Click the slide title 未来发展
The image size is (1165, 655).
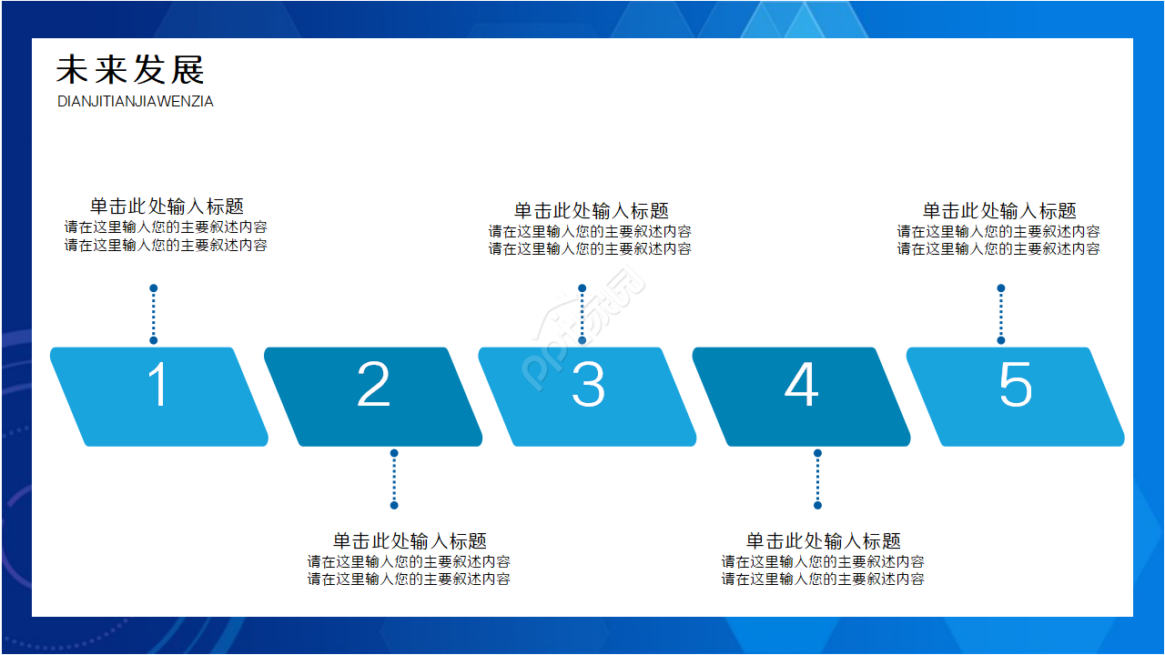pos(131,70)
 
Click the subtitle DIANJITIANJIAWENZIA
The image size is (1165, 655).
pos(136,102)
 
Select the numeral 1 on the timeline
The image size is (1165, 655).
pos(158,385)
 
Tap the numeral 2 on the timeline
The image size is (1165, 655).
pos(373,385)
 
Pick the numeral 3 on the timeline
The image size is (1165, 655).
pos(588,385)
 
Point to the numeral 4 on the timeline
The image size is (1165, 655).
pos(801,385)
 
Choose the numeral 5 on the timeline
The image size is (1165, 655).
pos(1016,385)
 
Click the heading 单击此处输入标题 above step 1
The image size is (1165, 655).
pos(167,207)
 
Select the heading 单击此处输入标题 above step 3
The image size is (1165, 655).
pos(591,211)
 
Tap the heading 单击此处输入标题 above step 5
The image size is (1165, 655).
pos(999,211)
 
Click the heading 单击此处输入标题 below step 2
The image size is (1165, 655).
pos(410,541)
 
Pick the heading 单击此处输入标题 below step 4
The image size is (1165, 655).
pos(824,541)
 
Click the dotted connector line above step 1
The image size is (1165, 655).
pos(154,315)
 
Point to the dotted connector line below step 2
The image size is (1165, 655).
pos(394,479)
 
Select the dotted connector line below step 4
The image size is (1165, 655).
pos(817,479)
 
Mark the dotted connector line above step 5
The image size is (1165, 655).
pos(1001,315)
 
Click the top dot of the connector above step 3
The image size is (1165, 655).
pos(582,288)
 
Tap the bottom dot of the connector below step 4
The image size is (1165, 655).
pos(817,505)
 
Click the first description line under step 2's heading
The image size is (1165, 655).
pos(409,561)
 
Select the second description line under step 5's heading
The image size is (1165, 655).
pos(998,248)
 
